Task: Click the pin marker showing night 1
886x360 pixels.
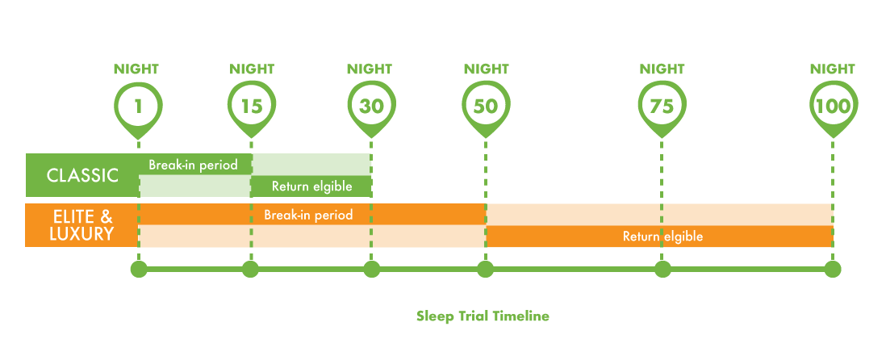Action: pyautogui.click(x=139, y=107)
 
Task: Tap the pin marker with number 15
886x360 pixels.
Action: pyautogui.click(x=251, y=107)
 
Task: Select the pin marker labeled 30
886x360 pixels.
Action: pyautogui.click(x=371, y=107)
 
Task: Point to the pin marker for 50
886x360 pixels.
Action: pyautogui.click(x=485, y=107)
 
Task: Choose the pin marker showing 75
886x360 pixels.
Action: pyautogui.click(x=662, y=107)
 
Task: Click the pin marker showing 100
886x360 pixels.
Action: pyautogui.click(x=834, y=107)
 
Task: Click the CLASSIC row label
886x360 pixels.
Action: pyautogui.click(x=82, y=175)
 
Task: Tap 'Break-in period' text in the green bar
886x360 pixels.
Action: pyautogui.click(x=193, y=165)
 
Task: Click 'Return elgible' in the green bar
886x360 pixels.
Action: pyautogui.click(x=311, y=186)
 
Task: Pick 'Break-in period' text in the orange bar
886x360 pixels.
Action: pyautogui.click(x=308, y=216)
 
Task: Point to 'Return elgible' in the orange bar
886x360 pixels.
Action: pyautogui.click(x=662, y=237)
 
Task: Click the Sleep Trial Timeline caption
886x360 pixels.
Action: pyautogui.click(x=483, y=316)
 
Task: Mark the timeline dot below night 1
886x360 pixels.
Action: pyautogui.click(x=139, y=269)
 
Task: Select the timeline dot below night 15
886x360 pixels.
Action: pyautogui.click(x=250, y=269)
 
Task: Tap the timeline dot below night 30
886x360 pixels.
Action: pyautogui.click(x=371, y=269)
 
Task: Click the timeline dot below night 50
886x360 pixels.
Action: pyautogui.click(x=485, y=269)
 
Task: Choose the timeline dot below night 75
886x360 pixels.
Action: pyautogui.click(x=662, y=269)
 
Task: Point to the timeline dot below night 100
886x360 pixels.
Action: pyautogui.click(x=834, y=269)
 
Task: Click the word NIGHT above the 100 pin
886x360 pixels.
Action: pyautogui.click(x=833, y=69)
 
